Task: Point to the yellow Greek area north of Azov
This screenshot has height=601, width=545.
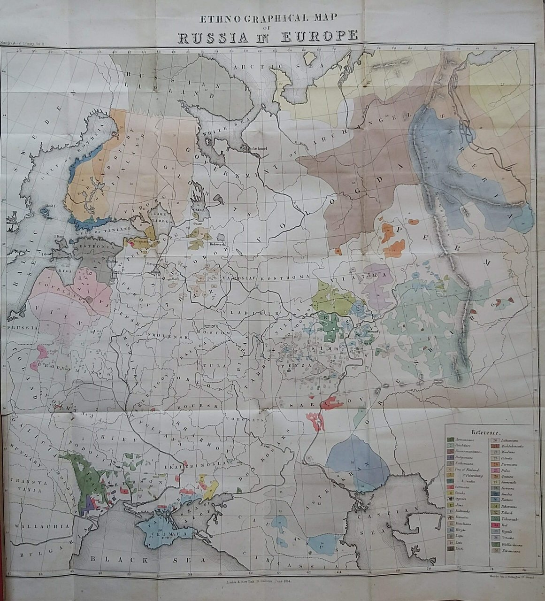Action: (x=210, y=488)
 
